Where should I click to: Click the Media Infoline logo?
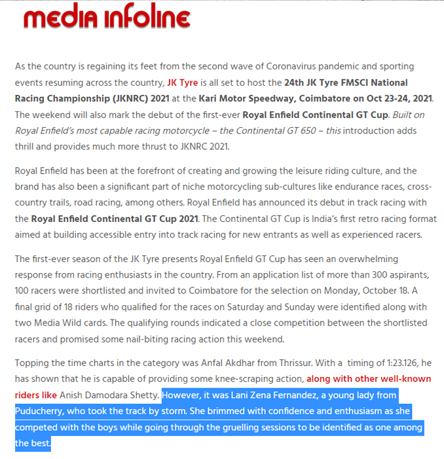[x=106, y=18]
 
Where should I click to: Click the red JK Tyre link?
[x=178, y=83]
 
